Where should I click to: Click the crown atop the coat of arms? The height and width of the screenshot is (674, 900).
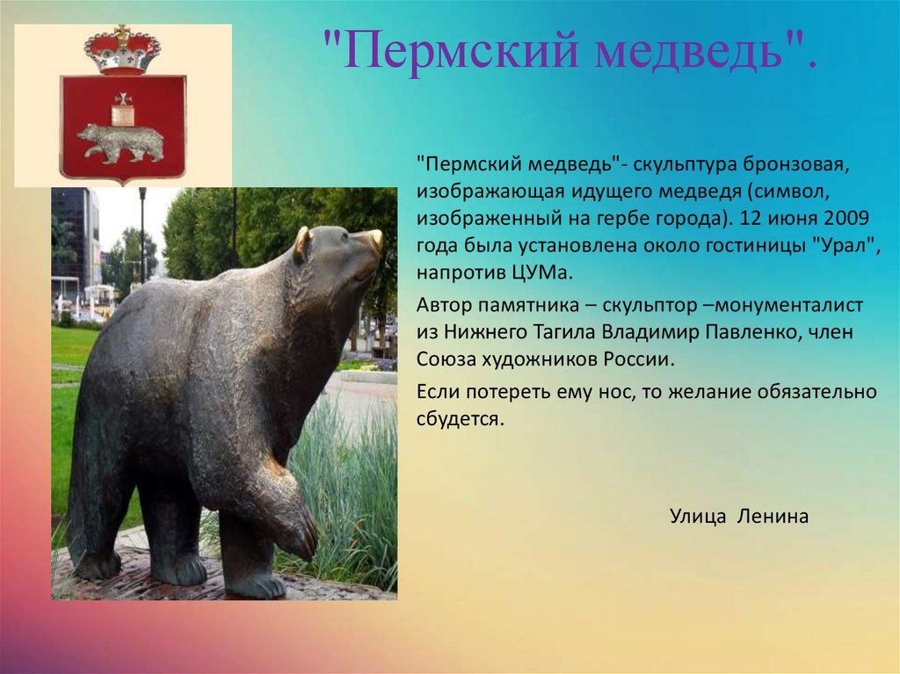click(121, 50)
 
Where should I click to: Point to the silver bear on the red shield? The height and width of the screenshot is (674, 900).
click(121, 141)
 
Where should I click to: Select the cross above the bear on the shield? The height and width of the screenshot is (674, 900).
click(122, 98)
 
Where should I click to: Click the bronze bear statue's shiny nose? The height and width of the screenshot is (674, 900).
click(376, 239)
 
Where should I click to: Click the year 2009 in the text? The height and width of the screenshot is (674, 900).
click(846, 219)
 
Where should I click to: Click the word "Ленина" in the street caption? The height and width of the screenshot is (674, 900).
click(773, 516)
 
